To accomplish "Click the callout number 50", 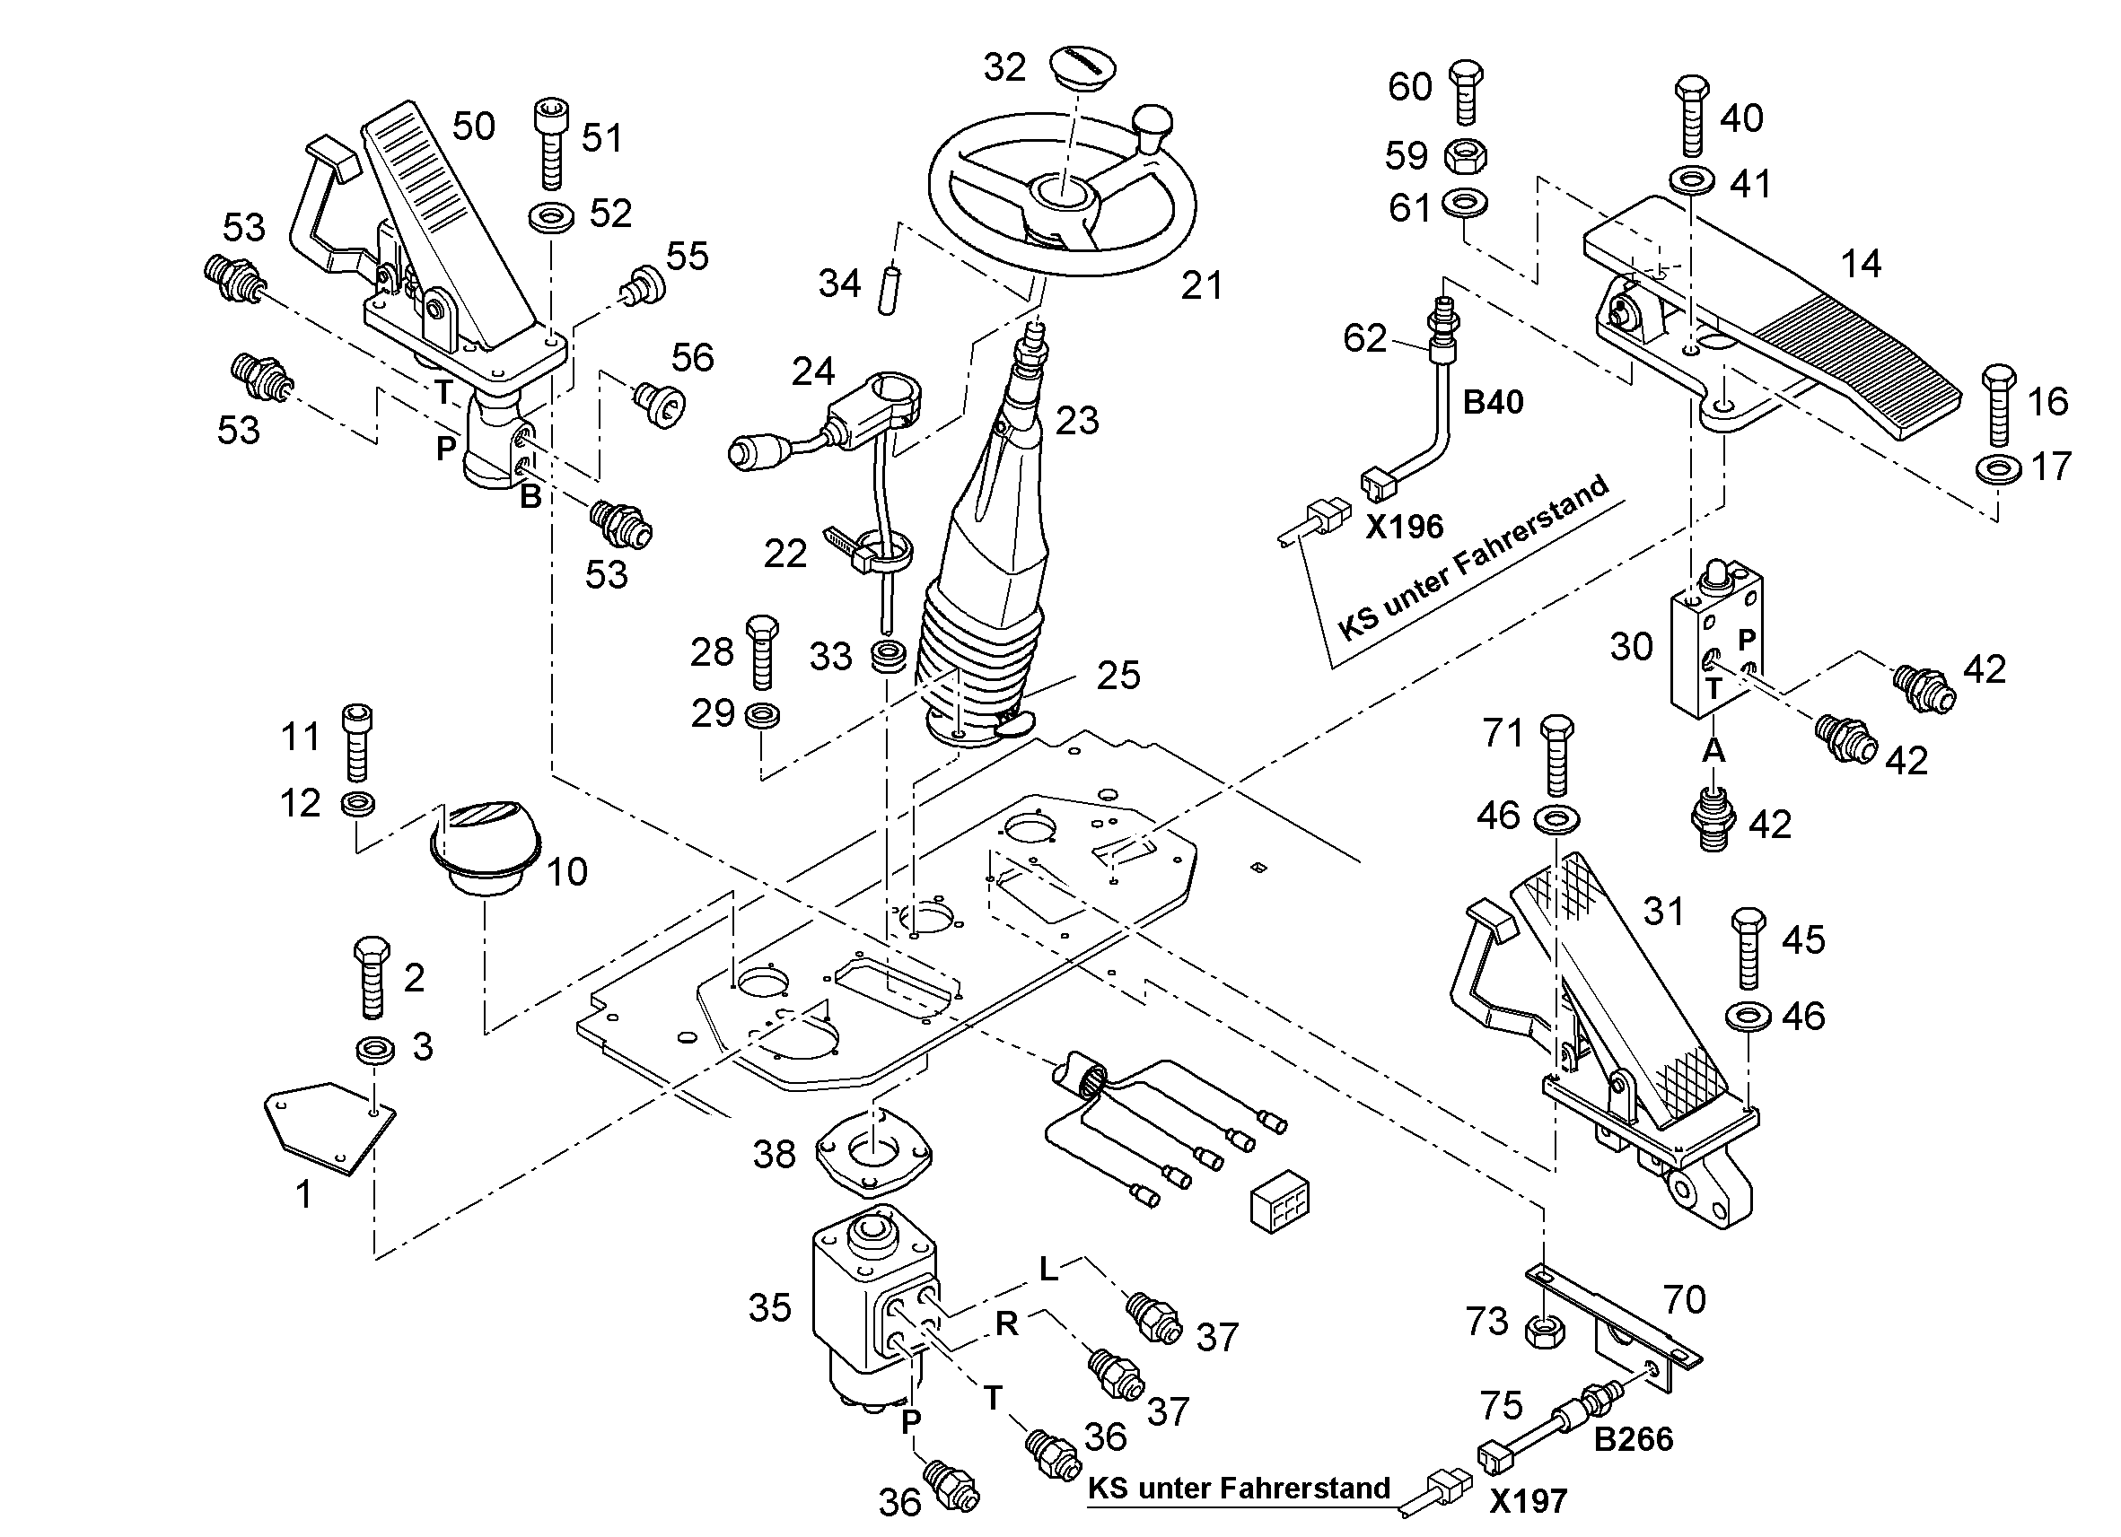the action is pos(473,126).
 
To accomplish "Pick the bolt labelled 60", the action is pos(1466,92).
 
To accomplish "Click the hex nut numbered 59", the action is pos(1466,156).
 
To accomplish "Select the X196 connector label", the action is pos(1404,528).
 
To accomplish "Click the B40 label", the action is pos(1493,402).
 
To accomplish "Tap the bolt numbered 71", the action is pos(1556,755).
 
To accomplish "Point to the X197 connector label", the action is pos(1527,1501).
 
